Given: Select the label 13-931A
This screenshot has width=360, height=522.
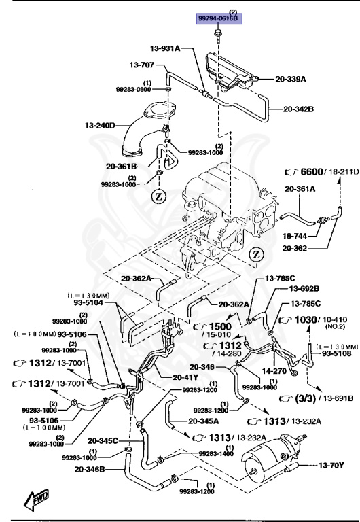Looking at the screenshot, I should [165, 48].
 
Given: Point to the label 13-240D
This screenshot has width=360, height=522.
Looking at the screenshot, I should [101, 125].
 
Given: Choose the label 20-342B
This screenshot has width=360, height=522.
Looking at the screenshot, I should [297, 108].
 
